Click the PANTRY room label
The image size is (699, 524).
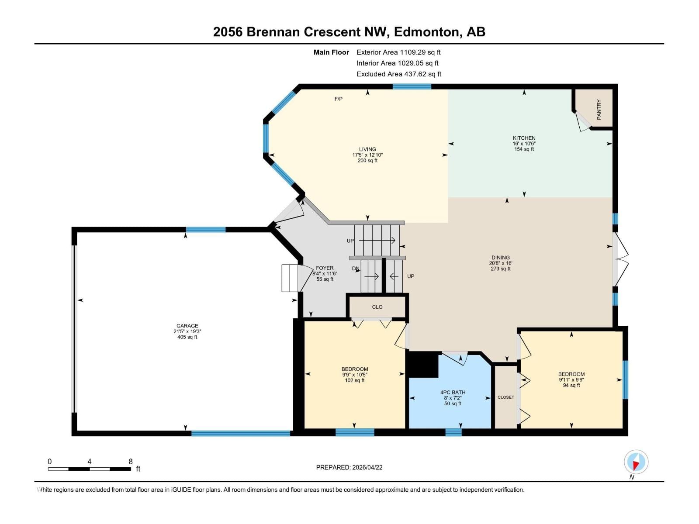click(x=599, y=109)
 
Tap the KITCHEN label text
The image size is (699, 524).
click(x=524, y=138)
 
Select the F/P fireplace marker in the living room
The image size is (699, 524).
click(x=339, y=99)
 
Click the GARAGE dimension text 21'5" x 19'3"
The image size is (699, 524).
click(x=187, y=331)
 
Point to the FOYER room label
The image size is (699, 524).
click(x=325, y=268)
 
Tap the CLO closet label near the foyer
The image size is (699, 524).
click(x=377, y=307)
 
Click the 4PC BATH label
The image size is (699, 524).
click(x=453, y=393)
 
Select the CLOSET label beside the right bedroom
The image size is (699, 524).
click(x=505, y=397)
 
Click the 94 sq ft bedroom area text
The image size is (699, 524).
click(x=571, y=386)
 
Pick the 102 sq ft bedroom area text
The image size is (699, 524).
click(x=354, y=380)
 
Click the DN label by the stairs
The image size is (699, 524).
click(x=356, y=269)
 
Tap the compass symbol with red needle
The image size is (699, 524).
click(x=636, y=462)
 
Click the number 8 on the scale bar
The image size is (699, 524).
click(x=130, y=462)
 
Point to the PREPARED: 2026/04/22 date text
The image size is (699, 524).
click(x=349, y=467)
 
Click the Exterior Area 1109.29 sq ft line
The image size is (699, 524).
click(x=398, y=52)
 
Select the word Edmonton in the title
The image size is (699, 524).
click(x=427, y=32)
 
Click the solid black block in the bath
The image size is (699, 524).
click(x=422, y=365)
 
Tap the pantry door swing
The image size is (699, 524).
click(x=583, y=121)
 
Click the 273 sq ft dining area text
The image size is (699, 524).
click(x=500, y=269)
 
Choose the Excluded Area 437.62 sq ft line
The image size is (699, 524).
click(x=399, y=74)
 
